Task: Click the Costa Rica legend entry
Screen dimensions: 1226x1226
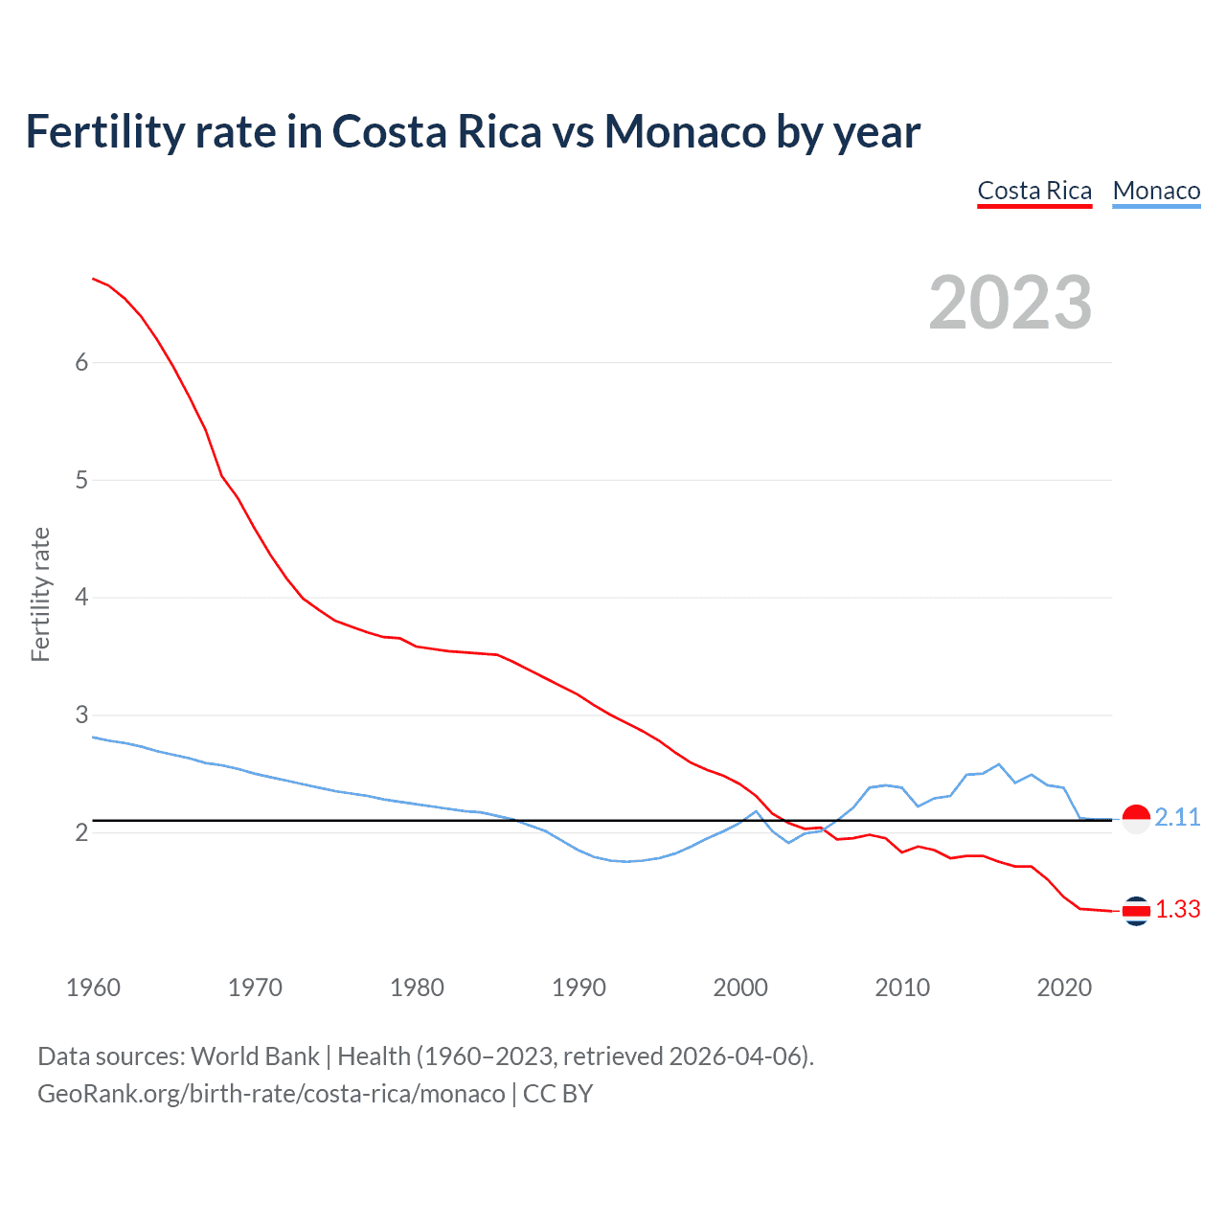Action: [1034, 191]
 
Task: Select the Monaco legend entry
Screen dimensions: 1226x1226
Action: [1156, 191]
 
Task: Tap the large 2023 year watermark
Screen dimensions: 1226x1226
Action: [1010, 303]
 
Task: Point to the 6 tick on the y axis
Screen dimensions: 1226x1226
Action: [81, 362]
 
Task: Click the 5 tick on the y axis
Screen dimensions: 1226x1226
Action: [81, 480]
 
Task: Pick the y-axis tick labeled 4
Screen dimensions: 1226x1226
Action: [81, 598]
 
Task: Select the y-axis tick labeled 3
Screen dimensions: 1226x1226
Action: [81, 715]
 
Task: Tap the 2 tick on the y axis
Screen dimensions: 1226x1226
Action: [81, 832]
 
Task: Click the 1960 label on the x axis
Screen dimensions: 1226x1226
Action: [93, 988]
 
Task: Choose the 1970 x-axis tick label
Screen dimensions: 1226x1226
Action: [255, 988]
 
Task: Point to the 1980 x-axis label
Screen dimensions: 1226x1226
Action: [417, 988]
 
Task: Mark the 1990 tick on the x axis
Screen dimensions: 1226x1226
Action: [579, 988]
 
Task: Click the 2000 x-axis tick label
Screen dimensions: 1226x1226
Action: [740, 988]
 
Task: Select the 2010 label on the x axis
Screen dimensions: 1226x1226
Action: [902, 988]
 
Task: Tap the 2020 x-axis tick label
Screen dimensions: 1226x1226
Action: [1064, 988]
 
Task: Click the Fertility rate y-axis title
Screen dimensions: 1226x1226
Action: [40, 594]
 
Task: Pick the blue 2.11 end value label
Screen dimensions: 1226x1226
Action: [1177, 817]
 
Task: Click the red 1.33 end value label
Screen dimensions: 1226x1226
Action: [1177, 909]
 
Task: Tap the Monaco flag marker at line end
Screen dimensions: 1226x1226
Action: [1136, 819]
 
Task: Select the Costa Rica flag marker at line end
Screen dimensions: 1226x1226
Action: [1136, 911]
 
